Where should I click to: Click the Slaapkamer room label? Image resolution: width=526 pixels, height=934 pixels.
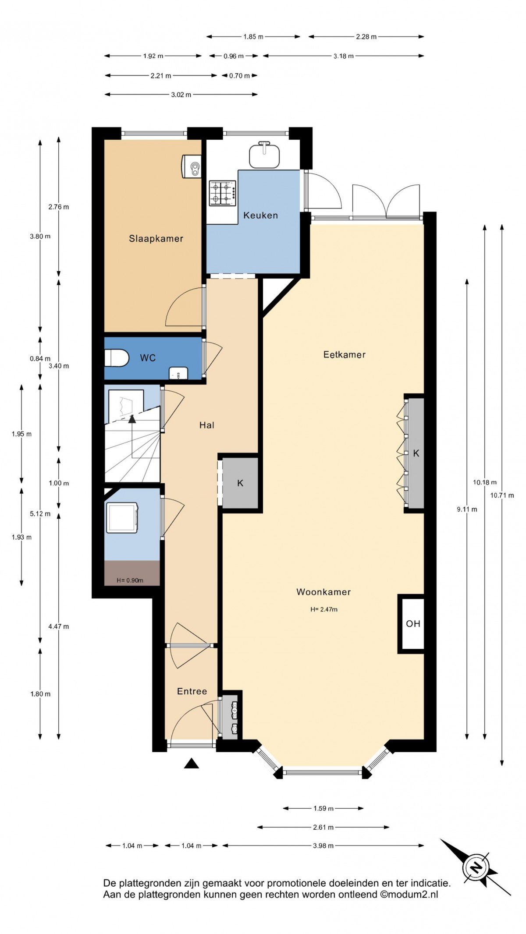(156, 239)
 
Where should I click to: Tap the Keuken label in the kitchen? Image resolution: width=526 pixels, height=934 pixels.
(260, 215)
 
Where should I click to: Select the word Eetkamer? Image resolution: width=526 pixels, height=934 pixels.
(344, 354)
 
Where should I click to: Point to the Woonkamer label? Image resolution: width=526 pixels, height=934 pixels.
(323, 592)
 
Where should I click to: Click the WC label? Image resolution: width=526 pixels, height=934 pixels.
(148, 358)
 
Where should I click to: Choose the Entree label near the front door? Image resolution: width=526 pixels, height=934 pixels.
(192, 691)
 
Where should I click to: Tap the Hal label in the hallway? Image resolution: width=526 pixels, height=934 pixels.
(206, 425)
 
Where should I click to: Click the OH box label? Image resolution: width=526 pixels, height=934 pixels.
(413, 623)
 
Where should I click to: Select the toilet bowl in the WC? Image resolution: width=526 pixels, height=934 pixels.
(116, 357)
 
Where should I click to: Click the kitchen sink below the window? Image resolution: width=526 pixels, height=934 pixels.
(264, 155)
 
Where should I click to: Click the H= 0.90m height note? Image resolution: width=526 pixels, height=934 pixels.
(130, 580)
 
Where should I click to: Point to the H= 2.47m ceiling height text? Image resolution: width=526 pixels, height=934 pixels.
(324, 609)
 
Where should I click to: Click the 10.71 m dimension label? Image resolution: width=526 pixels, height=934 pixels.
(502, 495)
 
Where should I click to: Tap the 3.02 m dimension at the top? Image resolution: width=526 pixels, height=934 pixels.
(181, 95)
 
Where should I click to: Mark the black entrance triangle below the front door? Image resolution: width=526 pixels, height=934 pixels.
(192, 764)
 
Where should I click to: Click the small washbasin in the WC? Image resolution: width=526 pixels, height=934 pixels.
(178, 374)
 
